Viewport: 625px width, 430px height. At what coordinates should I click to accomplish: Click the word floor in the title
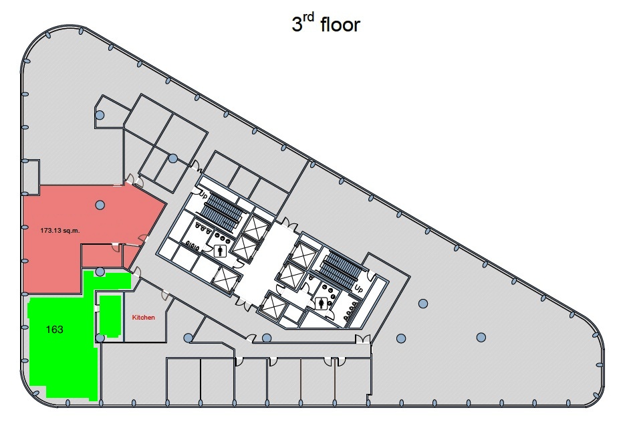click(x=340, y=25)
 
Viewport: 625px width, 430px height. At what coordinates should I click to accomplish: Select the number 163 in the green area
click(x=55, y=329)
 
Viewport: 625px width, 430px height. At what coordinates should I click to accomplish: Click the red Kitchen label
click(x=143, y=318)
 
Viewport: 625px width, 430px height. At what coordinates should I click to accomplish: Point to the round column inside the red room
click(x=100, y=205)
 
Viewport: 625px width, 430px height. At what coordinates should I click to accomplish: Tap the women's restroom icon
click(x=324, y=302)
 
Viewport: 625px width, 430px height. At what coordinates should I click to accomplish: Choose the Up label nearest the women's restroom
click(x=359, y=290)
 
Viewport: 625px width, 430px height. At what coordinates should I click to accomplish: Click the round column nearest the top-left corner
click(x=100, y=115)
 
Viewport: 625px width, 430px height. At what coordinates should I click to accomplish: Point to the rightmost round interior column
click(x=481, y=336)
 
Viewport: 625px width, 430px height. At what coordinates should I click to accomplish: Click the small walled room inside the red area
click(x=100, y=255)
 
